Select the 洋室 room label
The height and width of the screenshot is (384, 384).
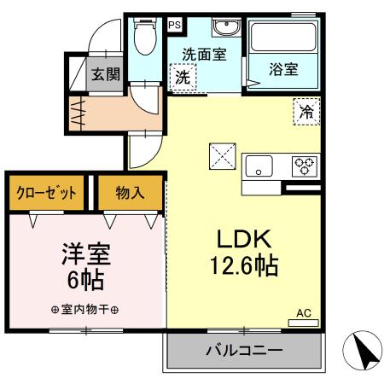click(x=86, y=254)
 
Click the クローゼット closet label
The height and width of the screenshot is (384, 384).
click(x=47, y=193)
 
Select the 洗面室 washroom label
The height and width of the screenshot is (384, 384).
click(x=204, y=54)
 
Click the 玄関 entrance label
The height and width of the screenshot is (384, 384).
click(x=106, y=73)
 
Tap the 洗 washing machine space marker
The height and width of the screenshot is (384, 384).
click(x=183, y=78)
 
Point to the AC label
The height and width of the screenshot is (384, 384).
click(x=304, y=313)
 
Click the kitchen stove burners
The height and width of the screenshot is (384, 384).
click(x=303, y=165)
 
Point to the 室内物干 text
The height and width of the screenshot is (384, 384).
click(x=84, y=310)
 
